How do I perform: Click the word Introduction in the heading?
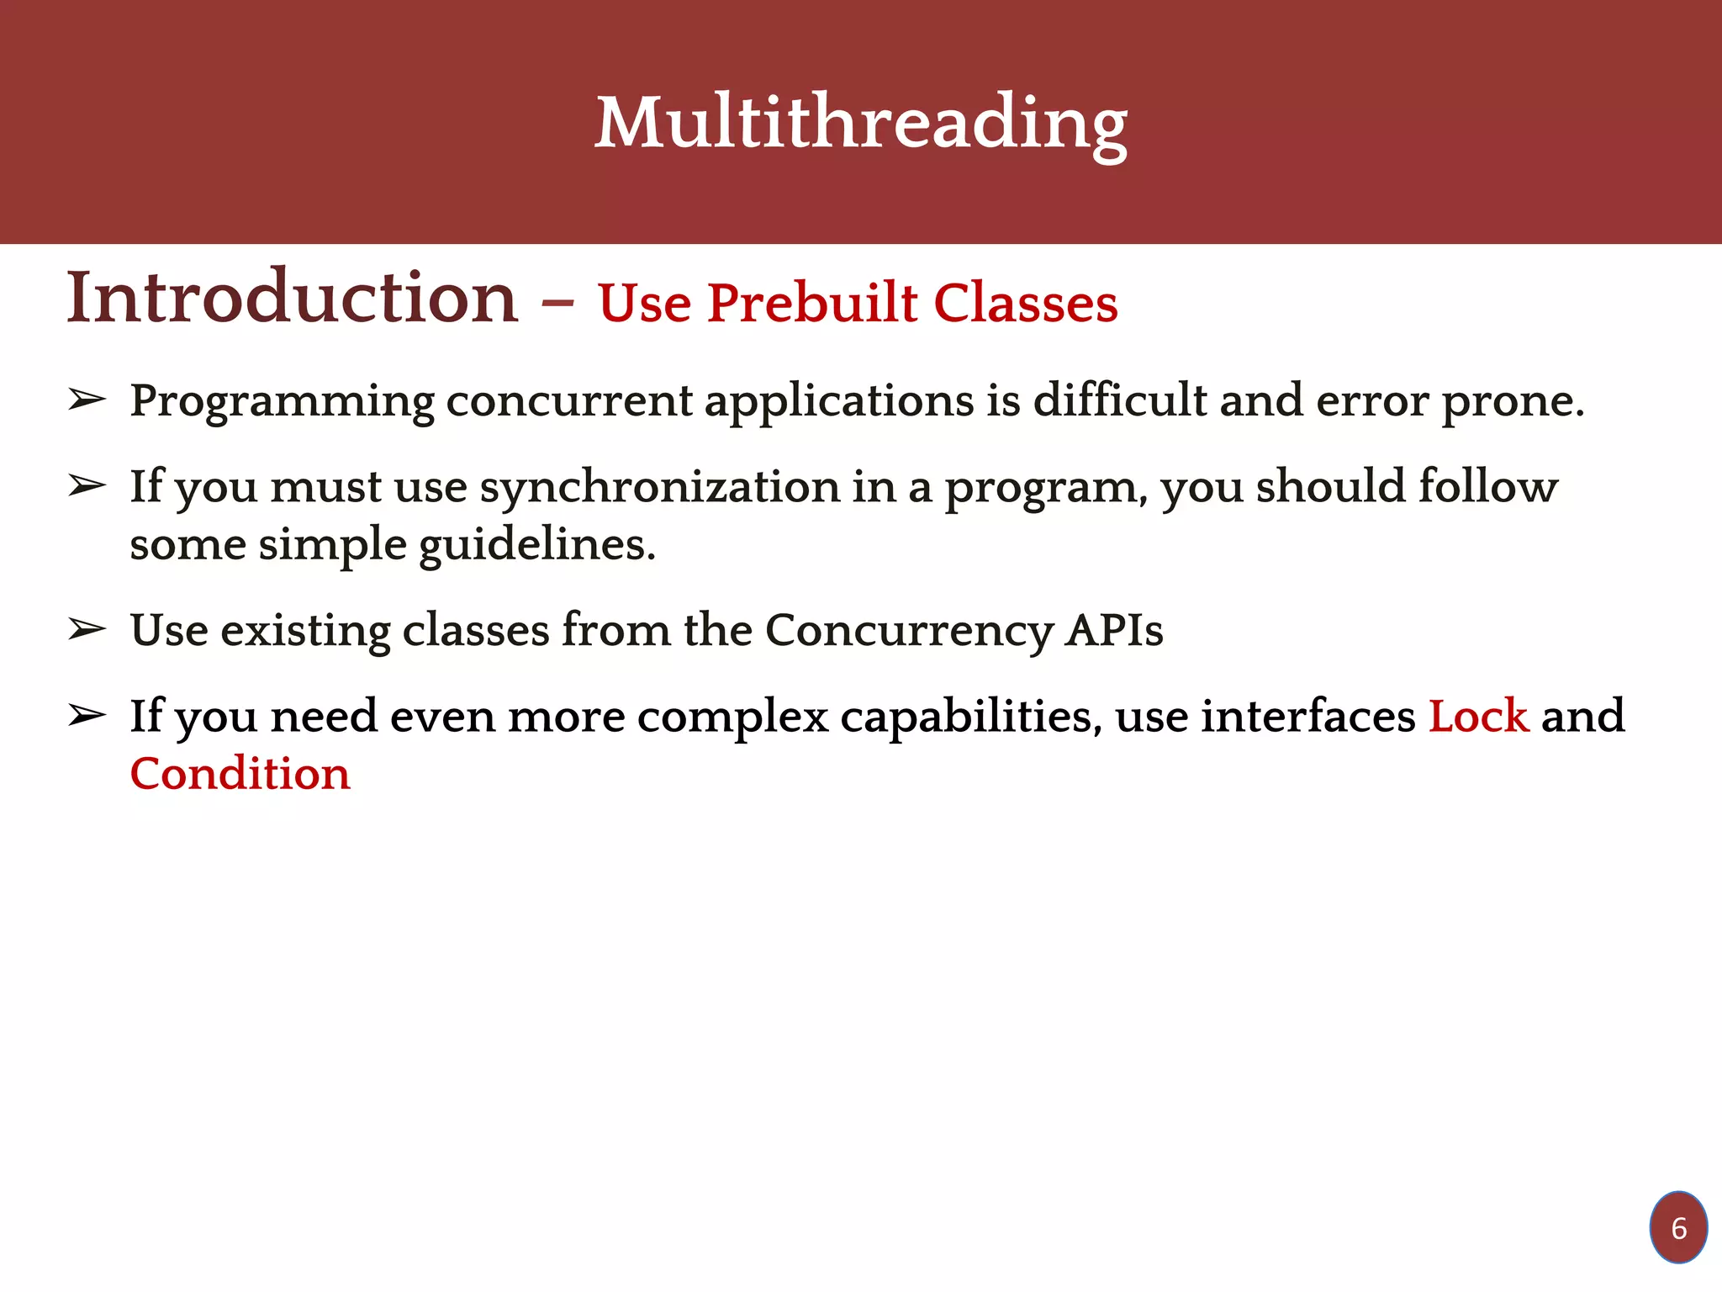[x=293, y=299]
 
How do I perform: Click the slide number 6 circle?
[x=1678, y=1228]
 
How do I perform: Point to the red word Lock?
[x=1478, y=717]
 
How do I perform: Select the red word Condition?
[x=240, y=774]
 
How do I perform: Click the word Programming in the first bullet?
[x=282, y=402]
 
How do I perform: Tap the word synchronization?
[x=659, y=488]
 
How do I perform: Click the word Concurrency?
[x=908, y=631]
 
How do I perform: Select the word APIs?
[x=1114, y=631]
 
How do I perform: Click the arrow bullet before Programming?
[x=87, y=400]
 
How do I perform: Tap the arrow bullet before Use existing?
[x=87, y=629]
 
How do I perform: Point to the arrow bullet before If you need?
[x=87, y=716]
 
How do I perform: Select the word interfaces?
[x=1308, y=717]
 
